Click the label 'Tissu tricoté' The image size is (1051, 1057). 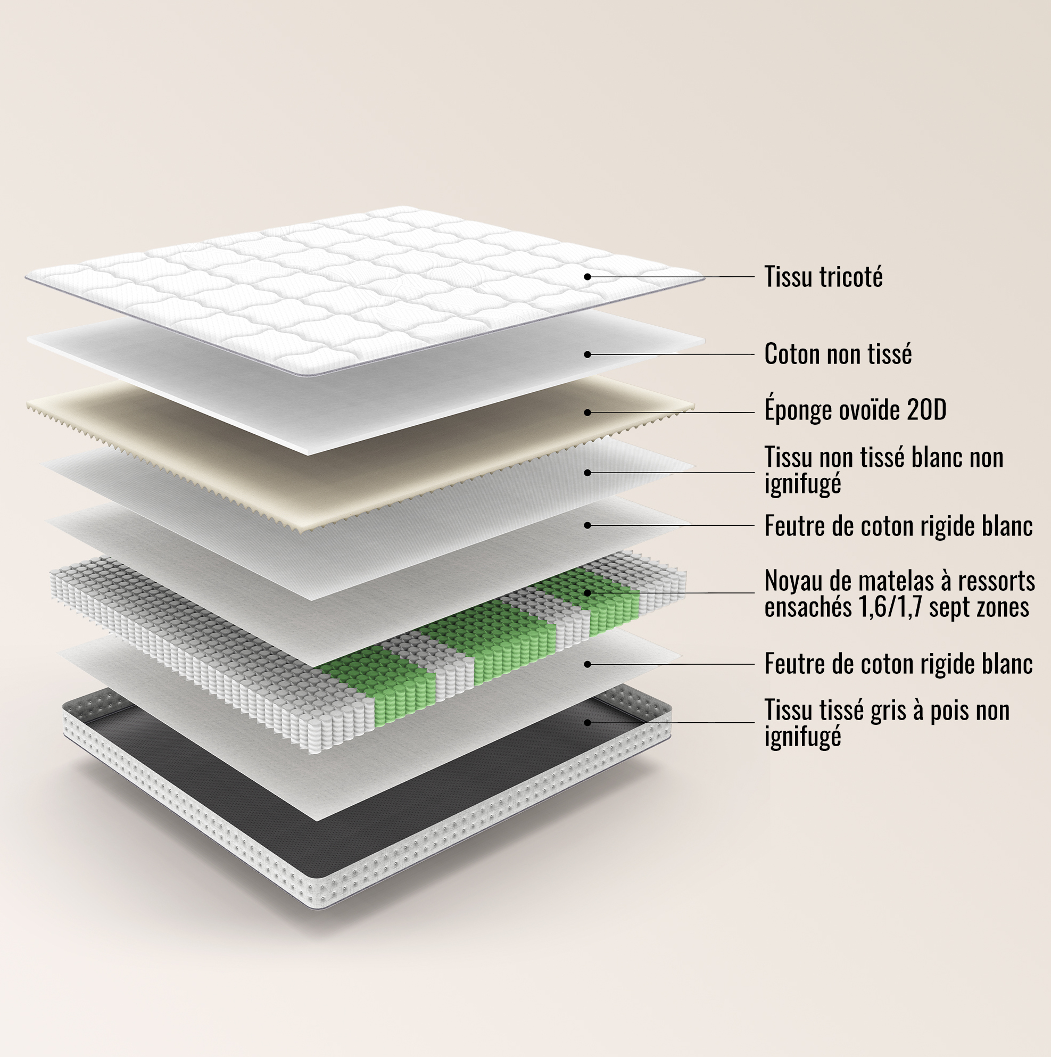(x=823, y=277)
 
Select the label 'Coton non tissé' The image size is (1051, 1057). (x=838, y=354)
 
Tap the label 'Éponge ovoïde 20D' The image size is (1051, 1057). (x=855, y=410)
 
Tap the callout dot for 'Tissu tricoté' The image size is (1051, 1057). (x=587, y=277)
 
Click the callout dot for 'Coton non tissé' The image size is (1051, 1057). (x=587, y=354)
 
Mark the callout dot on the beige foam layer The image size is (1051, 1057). (x=587, y=412)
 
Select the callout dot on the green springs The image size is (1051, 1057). (x=587, y=592)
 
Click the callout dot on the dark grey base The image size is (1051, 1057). (x=587, y=723)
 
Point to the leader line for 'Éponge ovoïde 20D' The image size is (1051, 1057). (x=671, y=412)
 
